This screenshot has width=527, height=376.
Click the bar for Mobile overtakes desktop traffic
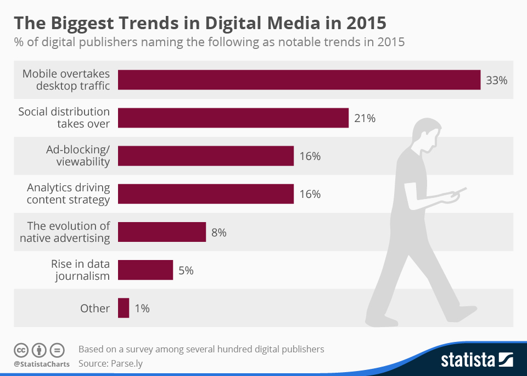coord(299,80)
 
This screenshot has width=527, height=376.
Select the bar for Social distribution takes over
coord(233,118)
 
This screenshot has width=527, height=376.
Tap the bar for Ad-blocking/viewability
coord(206,156)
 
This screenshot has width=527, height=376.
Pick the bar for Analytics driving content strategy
coord(206,194)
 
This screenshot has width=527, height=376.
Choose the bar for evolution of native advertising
coord(162,232)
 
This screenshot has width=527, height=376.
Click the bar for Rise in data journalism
coord(145,270)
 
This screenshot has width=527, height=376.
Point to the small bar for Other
coord(124,308)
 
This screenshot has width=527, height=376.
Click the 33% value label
coord(496,80)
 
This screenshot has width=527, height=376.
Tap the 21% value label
coord(365,118)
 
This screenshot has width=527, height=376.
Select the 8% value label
coord(218,233)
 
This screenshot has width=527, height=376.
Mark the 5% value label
coord(186,270)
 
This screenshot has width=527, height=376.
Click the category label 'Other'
coord(95,308)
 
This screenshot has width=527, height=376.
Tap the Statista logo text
coord(468,361)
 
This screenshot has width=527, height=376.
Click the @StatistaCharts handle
coord(42,364)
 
